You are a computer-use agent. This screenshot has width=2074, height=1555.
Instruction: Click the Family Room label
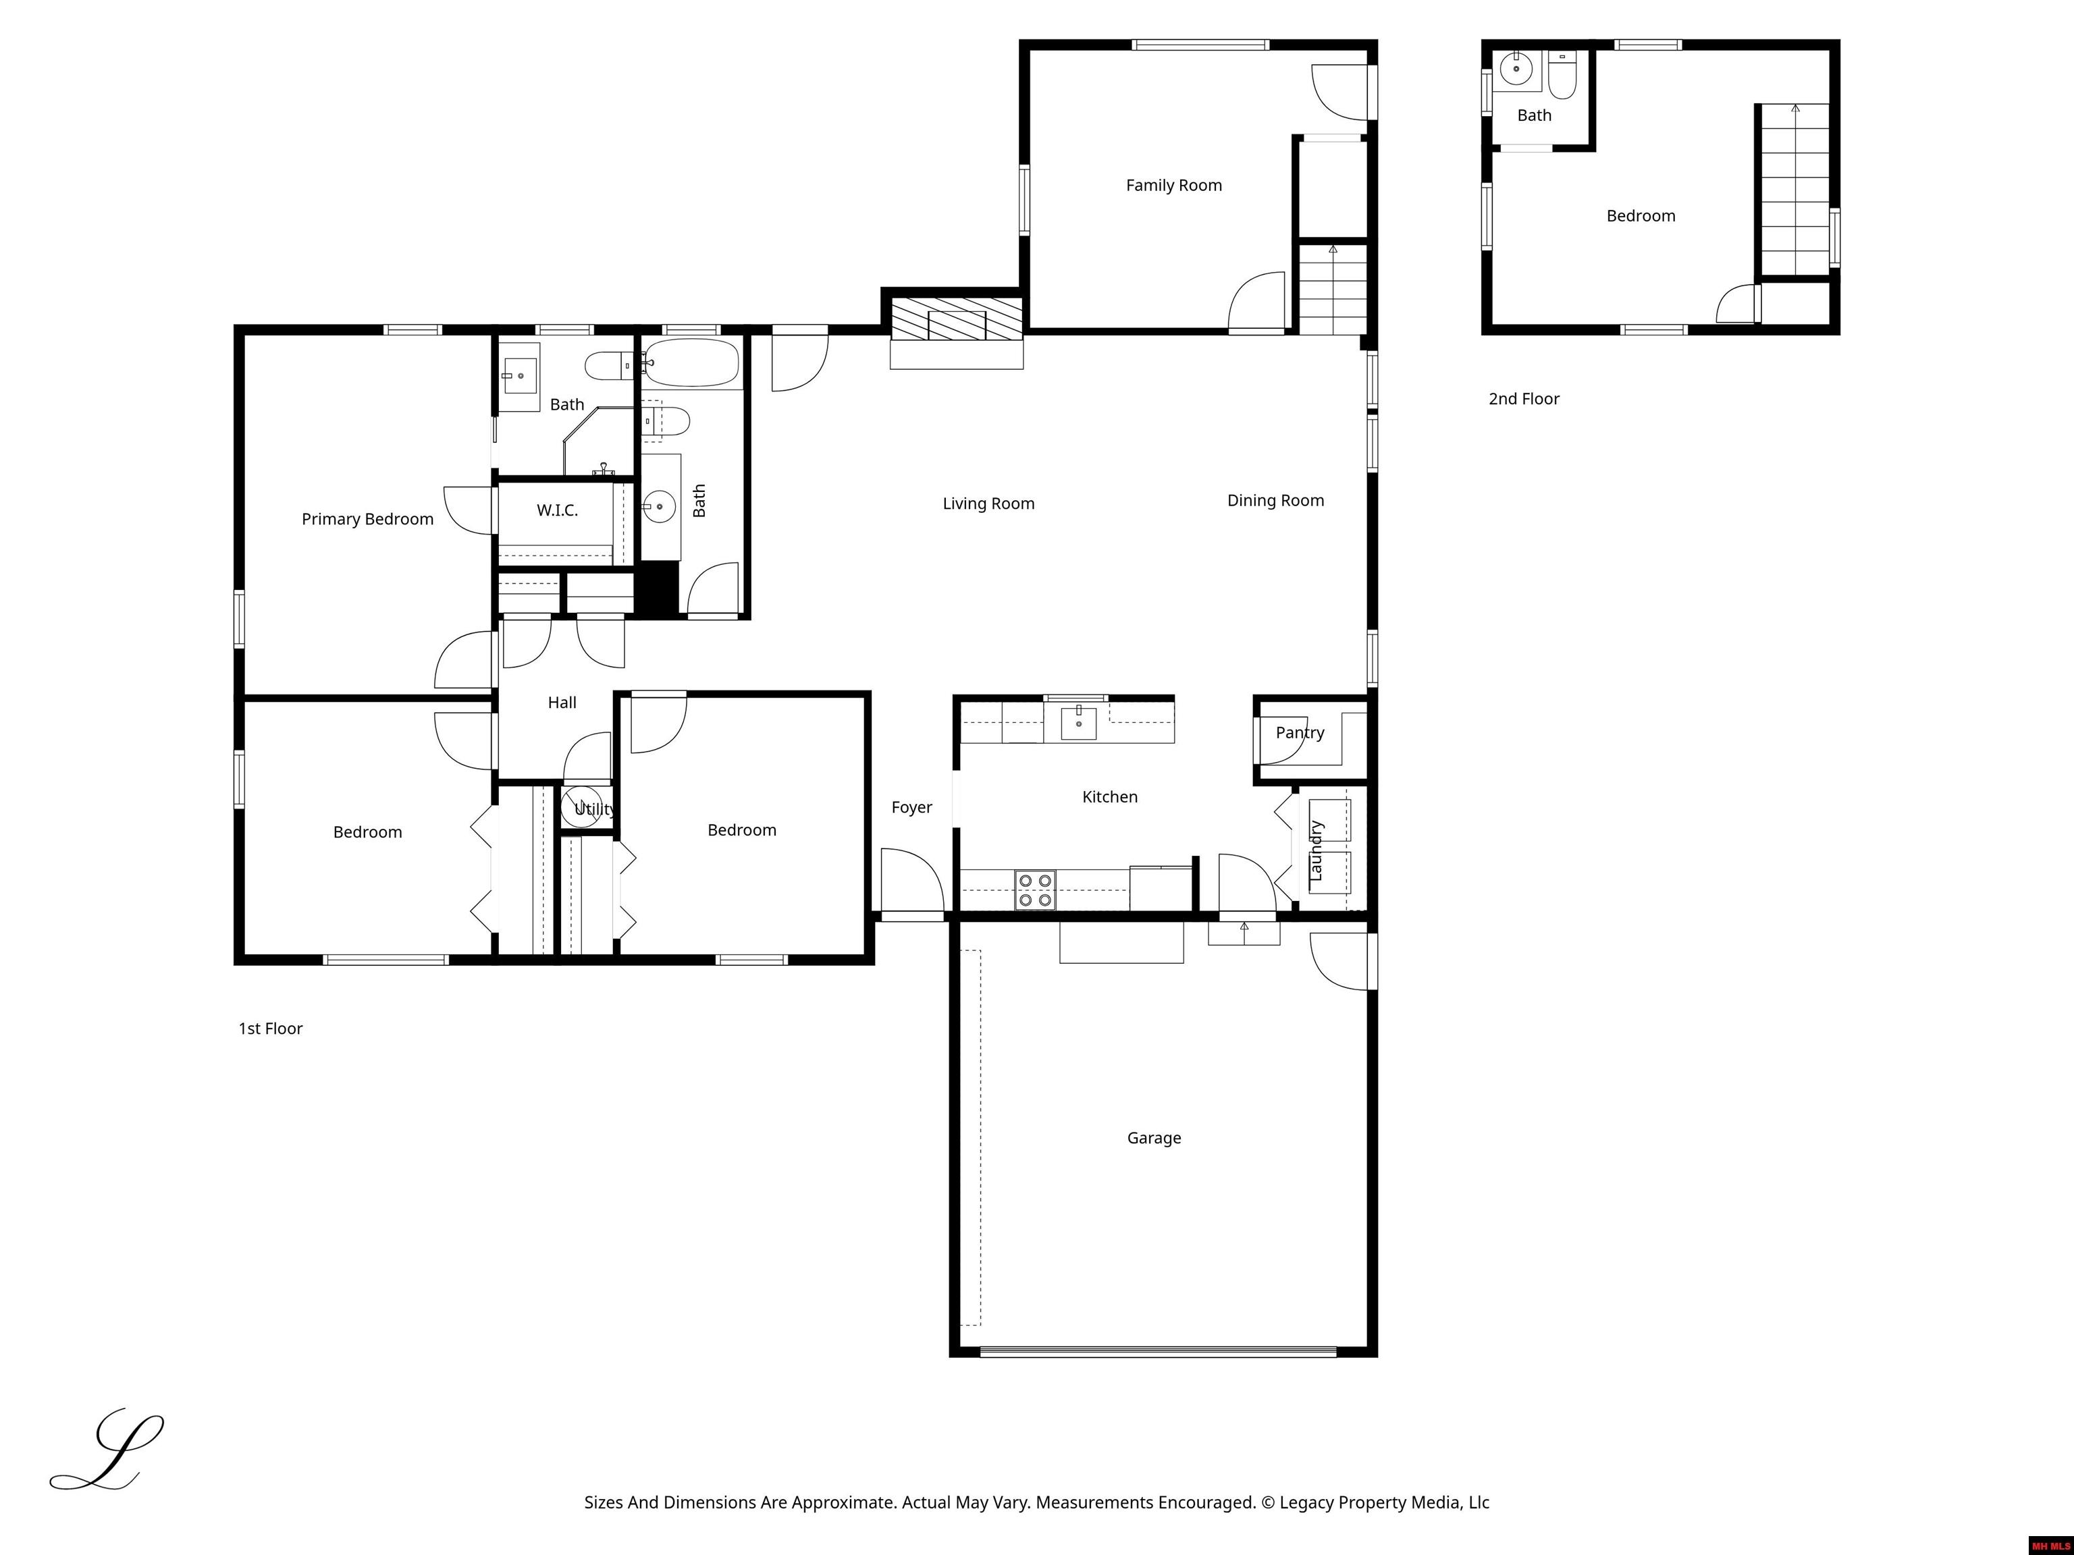point(1174,186)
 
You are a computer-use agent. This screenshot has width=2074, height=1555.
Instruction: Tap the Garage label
point(1154,1138)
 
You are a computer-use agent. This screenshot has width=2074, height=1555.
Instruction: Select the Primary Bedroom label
point(367,519)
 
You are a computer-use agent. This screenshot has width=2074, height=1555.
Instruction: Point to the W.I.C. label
point(557,510)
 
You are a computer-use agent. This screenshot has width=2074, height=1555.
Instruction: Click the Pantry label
point(1300,733)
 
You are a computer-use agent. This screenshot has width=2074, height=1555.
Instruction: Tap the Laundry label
point(1315,850)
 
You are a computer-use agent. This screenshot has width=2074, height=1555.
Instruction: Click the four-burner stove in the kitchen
point(1035,890)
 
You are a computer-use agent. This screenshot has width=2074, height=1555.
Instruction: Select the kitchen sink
point(1078,724)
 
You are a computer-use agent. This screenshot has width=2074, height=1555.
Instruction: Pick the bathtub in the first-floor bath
point(692,362)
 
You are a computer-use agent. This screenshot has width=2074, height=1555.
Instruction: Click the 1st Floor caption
point(270,1029)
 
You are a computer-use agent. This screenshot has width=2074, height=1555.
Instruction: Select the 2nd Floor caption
point(1524,398)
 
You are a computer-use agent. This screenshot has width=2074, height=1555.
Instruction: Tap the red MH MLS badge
point(2050,1546)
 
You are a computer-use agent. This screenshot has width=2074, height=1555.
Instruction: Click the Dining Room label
point(1275,501)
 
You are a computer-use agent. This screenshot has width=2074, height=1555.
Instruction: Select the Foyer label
point(911,807)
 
